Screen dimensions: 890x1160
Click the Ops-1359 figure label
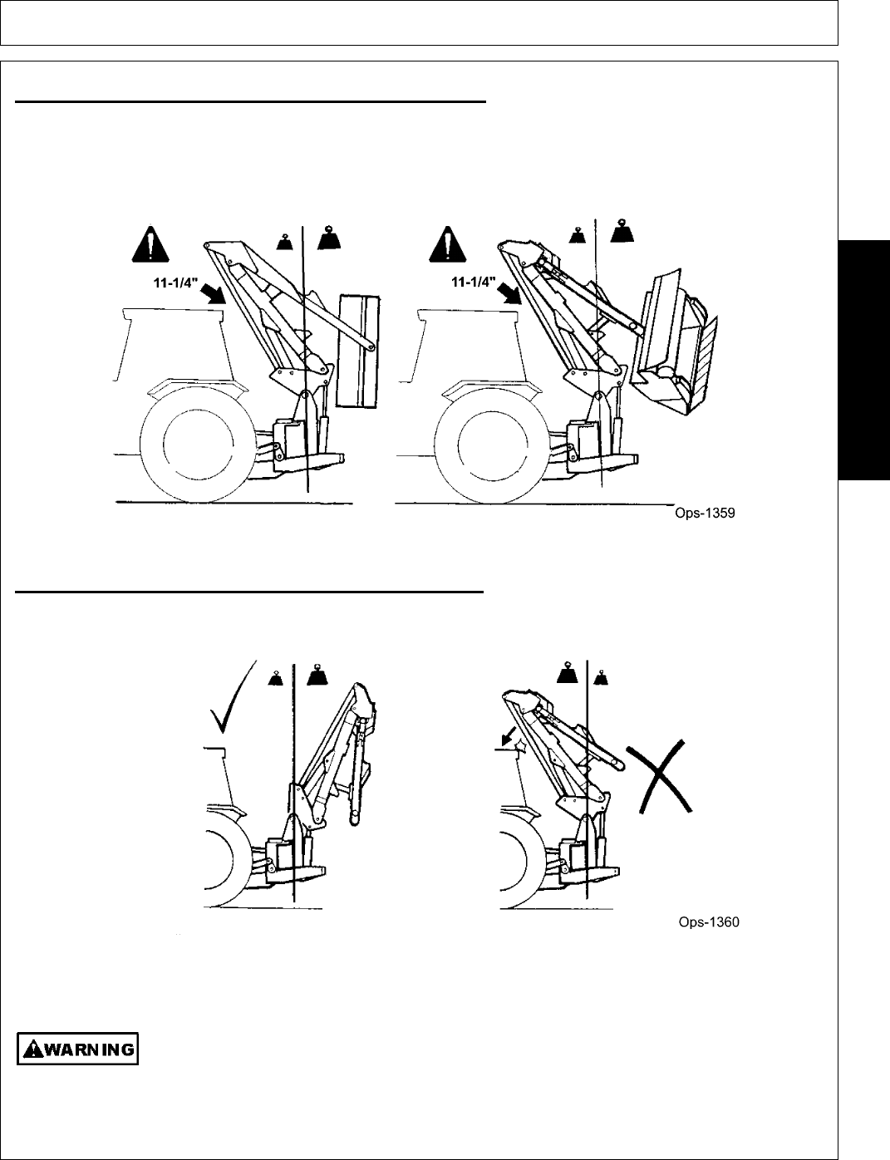[x=703, y=514]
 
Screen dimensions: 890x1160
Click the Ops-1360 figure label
[x=708, y=922]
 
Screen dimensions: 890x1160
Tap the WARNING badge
[x=77, y=1049]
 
